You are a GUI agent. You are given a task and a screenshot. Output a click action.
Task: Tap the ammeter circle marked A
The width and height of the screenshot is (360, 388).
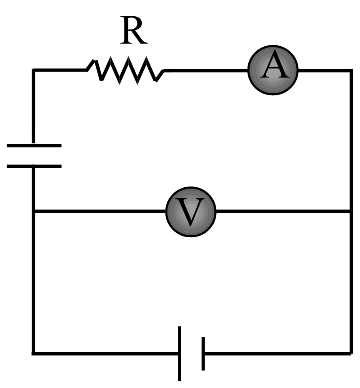(x=273, y=70)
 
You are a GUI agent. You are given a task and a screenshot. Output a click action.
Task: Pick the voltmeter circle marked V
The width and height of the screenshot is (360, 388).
(x=191, y=211)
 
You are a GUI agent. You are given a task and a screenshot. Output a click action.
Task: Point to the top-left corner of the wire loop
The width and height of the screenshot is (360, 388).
(x=34, y=70)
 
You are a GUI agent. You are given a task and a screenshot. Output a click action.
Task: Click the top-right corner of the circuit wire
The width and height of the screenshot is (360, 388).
(x=350, y=70)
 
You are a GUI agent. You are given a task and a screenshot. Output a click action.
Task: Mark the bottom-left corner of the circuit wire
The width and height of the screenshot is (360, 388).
(x=34, y=353)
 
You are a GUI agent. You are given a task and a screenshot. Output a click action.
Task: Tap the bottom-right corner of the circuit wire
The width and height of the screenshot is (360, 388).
(x=350, y=353)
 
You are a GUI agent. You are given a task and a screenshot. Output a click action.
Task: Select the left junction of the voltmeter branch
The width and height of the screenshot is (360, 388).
(x=34, y=211)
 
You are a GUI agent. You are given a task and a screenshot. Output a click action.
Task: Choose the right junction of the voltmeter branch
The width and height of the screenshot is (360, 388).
(x=350, y=211)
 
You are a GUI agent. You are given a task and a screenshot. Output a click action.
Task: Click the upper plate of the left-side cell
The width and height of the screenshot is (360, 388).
(x=34, y=146)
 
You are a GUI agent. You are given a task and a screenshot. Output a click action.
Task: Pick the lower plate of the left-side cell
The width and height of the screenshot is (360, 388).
(x=34, y=166)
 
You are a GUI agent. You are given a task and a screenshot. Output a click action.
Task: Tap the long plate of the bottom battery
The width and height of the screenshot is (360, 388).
(x=180, y=353)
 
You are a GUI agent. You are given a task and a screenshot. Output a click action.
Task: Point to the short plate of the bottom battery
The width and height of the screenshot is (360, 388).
(x=203, y=353)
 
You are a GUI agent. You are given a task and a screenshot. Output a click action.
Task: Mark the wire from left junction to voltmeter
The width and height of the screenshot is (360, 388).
(x=100, y=211)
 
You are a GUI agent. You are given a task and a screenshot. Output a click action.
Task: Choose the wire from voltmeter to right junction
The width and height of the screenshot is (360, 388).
(x=283, y=211)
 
